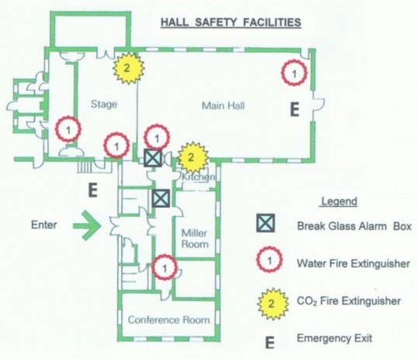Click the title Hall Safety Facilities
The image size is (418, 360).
coord(231,22)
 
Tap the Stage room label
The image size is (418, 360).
coord(104,104)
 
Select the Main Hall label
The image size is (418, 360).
coord(223,106)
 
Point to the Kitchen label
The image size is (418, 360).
coord(198,177)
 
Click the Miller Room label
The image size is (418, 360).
coord(194,239)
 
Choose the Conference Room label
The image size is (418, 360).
coord(169,320)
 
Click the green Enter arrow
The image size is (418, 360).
coord(87,225)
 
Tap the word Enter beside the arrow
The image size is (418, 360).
coord(44,225)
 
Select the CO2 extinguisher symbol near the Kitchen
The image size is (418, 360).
coord(193,158)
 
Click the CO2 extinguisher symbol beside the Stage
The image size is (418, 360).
coord(128,68)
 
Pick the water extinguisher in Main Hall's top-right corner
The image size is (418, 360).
coord(294,73)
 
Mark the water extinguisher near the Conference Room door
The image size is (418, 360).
coord(165,267)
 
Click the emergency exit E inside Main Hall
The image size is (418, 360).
coord(294,110)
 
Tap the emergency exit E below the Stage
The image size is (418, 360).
coord(92,190)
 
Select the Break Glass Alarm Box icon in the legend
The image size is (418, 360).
coord(266,223)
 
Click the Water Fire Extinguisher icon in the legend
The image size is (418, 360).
coord(270,260)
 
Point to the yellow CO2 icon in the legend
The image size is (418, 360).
coord(273,304)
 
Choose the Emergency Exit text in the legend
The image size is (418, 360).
coord(335,338)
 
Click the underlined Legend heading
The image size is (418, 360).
coord(339,201)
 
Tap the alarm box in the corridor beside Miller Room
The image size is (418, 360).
coord(161,198)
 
